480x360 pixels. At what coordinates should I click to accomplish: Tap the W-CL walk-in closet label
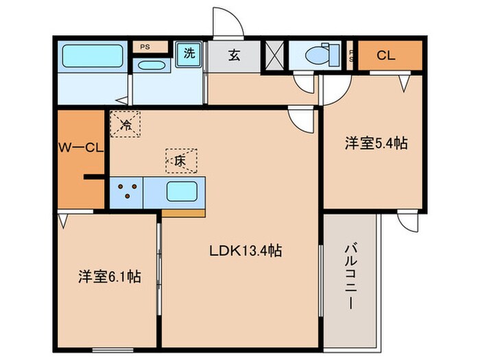pos(80,146)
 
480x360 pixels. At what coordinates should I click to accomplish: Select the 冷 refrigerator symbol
pos(125,124)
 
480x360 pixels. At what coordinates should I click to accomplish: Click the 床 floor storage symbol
pos(180,160)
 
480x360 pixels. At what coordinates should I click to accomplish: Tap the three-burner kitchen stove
pos(126,191)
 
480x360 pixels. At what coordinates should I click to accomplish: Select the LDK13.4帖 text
pos(246,251)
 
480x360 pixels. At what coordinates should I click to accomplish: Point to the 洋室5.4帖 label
pos(376,144)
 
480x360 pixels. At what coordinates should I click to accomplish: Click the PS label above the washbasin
pos(145,47)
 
